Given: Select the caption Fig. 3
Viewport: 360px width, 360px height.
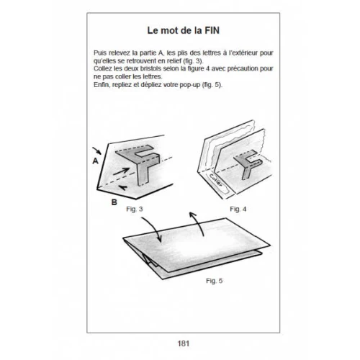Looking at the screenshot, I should point(136,208).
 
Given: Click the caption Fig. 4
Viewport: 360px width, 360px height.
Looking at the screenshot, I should point(239,208).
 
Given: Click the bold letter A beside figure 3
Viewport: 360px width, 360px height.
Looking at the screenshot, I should point(95,163).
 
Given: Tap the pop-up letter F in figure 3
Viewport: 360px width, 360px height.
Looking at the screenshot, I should point(139,160).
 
